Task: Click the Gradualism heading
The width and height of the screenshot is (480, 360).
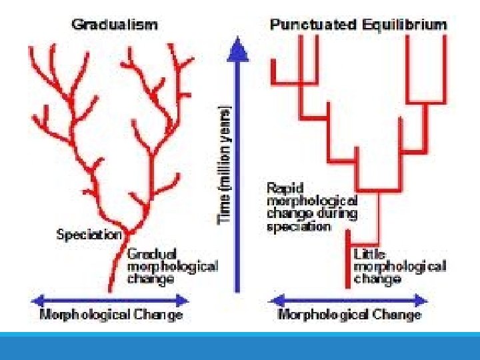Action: point(115,25)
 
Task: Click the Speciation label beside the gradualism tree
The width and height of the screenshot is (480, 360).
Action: point(89,234)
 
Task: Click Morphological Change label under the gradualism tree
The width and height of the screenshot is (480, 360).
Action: point(111,315)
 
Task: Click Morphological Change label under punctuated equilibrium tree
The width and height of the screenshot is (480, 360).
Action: point(349,315)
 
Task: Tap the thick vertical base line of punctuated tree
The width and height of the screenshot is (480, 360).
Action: point(347,260)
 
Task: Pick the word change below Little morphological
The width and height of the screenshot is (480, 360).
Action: point(377,279)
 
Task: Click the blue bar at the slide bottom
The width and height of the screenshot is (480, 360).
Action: point(240,346)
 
